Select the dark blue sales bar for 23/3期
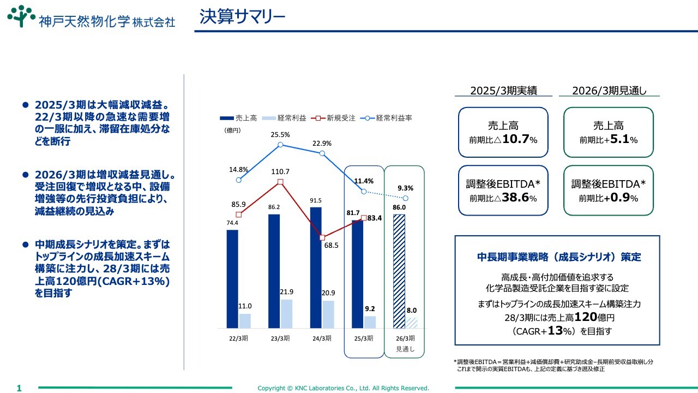(x=274, y=271)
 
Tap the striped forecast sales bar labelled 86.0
(x=399, y=271)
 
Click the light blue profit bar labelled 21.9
(x=287, y=313)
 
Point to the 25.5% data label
(x=280, y=134)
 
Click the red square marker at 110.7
(x=280, y=182)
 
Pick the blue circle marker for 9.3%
(x=405, y=198)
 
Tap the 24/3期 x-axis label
(x=322, y=338)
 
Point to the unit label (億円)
(x=232, y=130)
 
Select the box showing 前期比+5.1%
(x=608, y=133)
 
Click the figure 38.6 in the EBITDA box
(x=515, y=198)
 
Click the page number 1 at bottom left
(x=19, y=388)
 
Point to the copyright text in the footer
(x=344, y=388)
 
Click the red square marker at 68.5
(x=322, y=237)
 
